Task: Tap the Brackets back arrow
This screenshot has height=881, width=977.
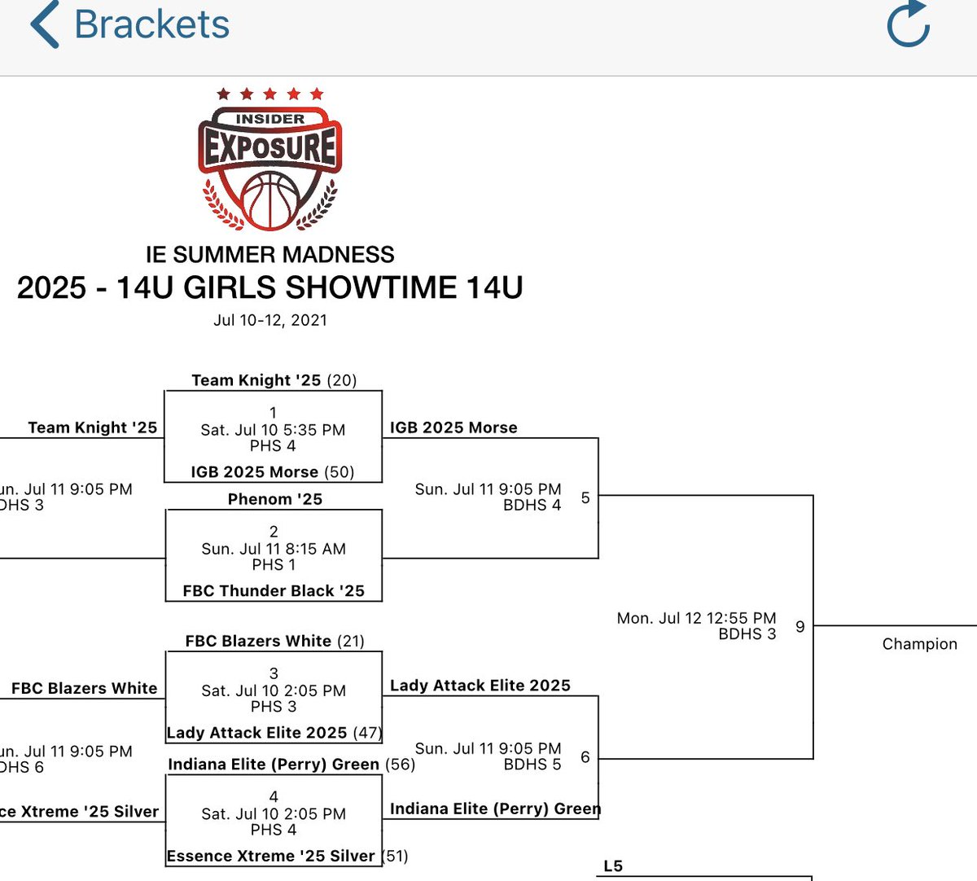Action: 45,25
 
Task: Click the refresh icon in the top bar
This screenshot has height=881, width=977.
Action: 908,24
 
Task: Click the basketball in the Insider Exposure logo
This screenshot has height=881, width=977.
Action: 269,199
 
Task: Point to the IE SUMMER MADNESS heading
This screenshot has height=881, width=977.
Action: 269,254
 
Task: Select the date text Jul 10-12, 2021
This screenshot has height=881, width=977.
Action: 270,320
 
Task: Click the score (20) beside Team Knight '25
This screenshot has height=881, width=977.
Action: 342,380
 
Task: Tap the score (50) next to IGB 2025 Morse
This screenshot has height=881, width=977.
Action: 340,472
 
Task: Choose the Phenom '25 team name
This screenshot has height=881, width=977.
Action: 274,499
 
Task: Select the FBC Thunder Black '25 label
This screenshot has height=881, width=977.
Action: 274,591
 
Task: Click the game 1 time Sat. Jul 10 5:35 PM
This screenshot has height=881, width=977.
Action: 273,430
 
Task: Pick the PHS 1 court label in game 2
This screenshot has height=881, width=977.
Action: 274,564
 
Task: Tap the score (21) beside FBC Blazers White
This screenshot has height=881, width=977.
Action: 350,642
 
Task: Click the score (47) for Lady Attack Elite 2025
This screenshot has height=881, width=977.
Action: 366,733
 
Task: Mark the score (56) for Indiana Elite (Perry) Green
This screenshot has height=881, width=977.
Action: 400,765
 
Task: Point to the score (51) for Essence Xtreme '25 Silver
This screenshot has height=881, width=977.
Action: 394,856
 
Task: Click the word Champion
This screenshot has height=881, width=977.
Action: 919,644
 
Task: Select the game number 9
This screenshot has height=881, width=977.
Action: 800,626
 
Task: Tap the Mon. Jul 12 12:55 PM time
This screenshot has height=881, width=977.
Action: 696,618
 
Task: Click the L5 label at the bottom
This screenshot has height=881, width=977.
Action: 613,866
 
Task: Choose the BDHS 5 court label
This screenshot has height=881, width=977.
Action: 532,765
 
